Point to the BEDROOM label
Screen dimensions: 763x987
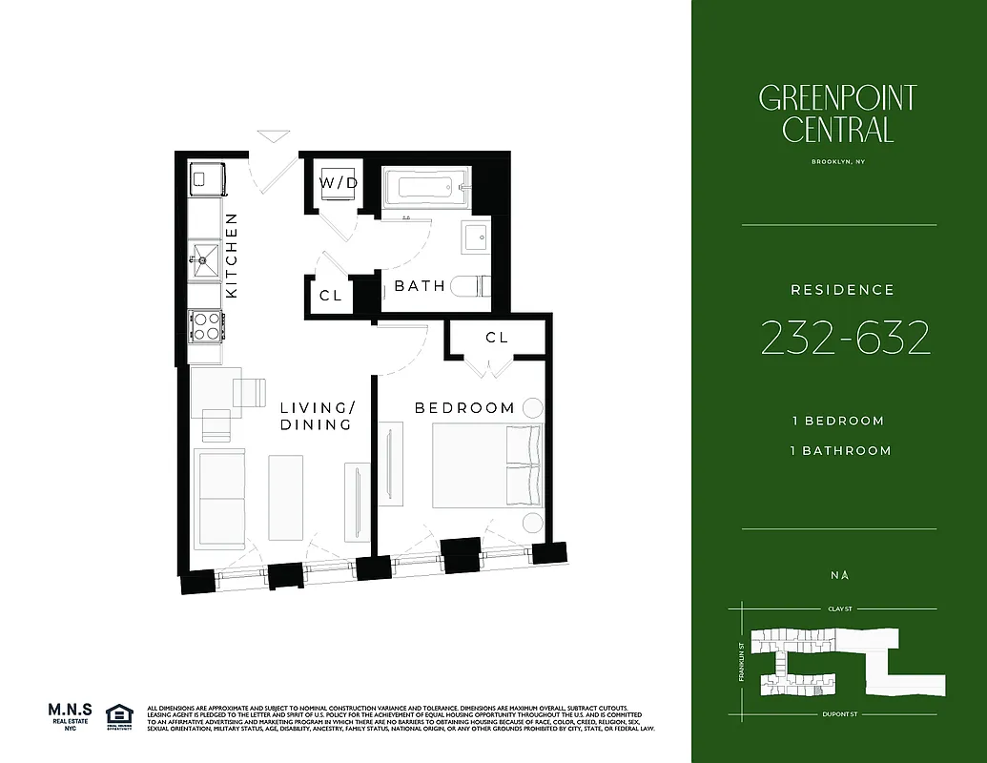tap(464, 407)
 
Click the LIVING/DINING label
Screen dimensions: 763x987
tap(317, 416)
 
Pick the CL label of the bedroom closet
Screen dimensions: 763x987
tap(497, 338)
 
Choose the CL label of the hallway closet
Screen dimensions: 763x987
tap(330, 296)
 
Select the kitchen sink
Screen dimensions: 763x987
tap(204, 257)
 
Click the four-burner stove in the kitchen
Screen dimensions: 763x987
tap(204, 327)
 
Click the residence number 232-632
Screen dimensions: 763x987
tap(846, 339)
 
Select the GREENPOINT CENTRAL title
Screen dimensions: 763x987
tap(838, 113)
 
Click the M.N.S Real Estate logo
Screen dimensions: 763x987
tap(70, 715)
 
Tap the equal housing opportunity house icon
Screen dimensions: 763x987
tap(119, 715)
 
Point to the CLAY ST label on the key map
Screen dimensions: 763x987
tap(839, 608)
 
